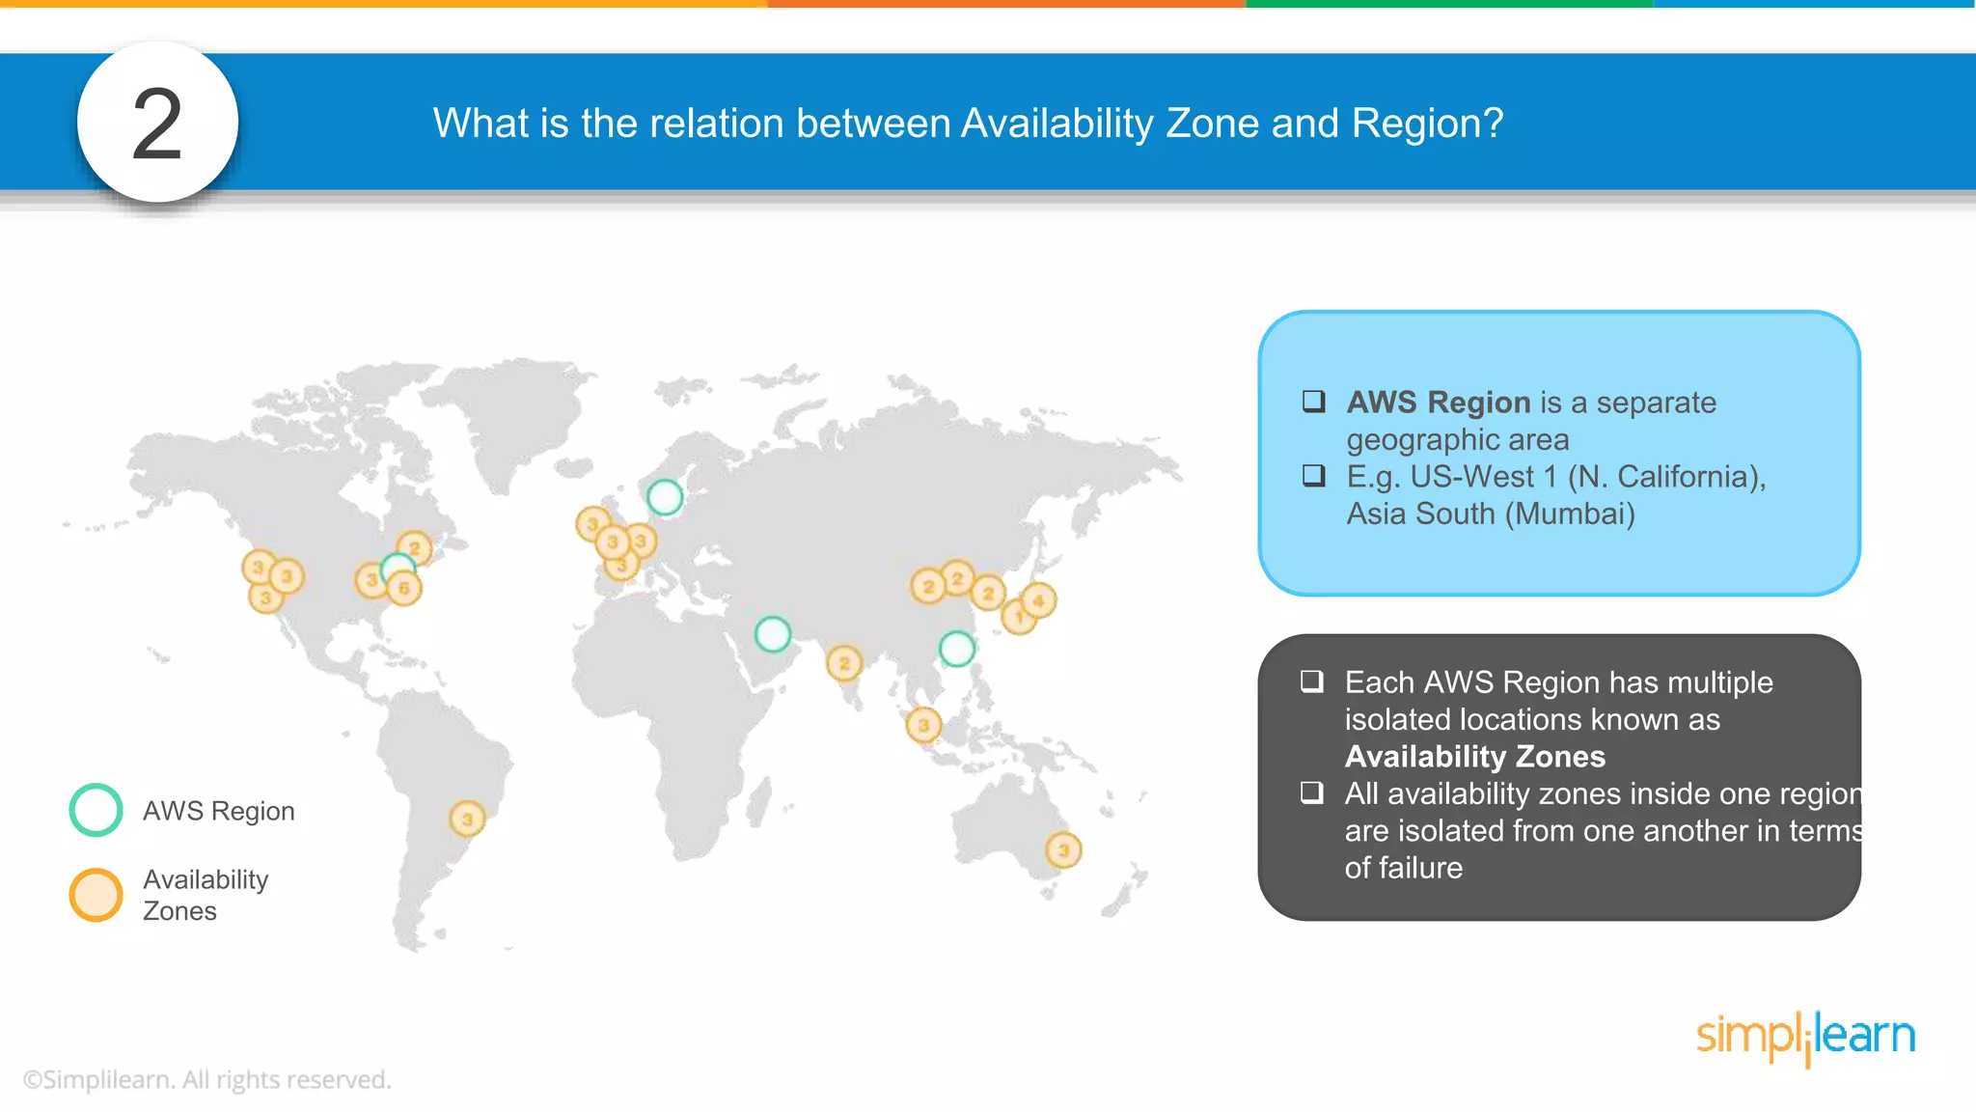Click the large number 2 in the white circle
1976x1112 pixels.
click(157, 124)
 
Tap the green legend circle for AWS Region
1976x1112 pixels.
click(96, 810)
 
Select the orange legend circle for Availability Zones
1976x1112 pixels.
click(96, 895)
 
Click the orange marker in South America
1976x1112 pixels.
click(467, 820)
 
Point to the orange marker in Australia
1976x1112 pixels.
click(1063, 850)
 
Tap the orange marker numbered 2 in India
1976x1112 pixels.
click(844, 663)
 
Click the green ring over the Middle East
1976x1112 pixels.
click(773, 634)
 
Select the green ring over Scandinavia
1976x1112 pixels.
click(665, 497)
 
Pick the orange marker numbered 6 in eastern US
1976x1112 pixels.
click(404, 588)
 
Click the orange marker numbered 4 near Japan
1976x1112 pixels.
click(1038, 600)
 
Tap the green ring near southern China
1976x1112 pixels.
click(956, 649)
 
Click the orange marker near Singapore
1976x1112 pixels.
click(923, 724)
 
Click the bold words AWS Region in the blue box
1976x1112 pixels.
click(1438, 403)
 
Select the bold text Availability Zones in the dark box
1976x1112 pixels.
click(1474, 757)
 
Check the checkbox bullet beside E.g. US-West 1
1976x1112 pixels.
click(1313, 476)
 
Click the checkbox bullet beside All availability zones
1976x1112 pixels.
click(1311, 793)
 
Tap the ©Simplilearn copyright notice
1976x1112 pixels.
click(206, 1079)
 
